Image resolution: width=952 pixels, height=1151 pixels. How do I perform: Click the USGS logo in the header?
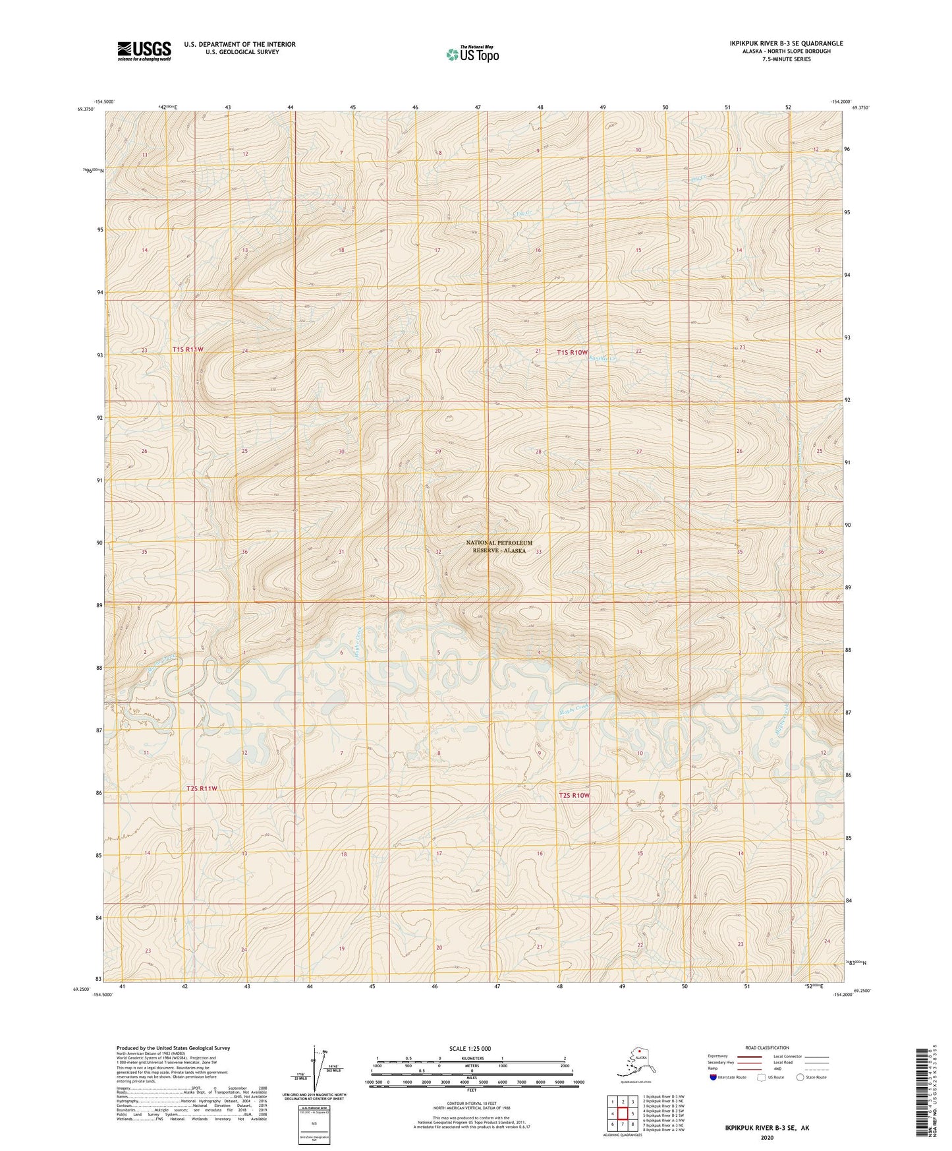144,51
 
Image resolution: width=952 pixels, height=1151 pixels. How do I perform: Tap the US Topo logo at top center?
472,54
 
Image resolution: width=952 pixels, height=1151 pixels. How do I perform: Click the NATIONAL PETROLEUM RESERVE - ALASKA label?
499,546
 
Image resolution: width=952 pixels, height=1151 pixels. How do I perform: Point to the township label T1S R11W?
188,349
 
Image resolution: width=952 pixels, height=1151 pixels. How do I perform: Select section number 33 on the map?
538,552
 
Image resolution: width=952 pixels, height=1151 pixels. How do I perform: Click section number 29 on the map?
437,452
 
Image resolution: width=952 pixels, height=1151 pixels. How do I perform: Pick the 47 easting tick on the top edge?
478,107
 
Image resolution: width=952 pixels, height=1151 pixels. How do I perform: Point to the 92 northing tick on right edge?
847,399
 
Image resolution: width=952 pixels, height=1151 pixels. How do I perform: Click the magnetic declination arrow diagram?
315,1071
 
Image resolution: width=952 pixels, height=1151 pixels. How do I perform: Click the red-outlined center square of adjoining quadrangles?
623,1113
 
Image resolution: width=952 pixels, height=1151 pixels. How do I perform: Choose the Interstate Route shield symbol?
713,1077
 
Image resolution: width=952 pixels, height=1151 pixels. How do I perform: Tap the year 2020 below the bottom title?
767,1137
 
